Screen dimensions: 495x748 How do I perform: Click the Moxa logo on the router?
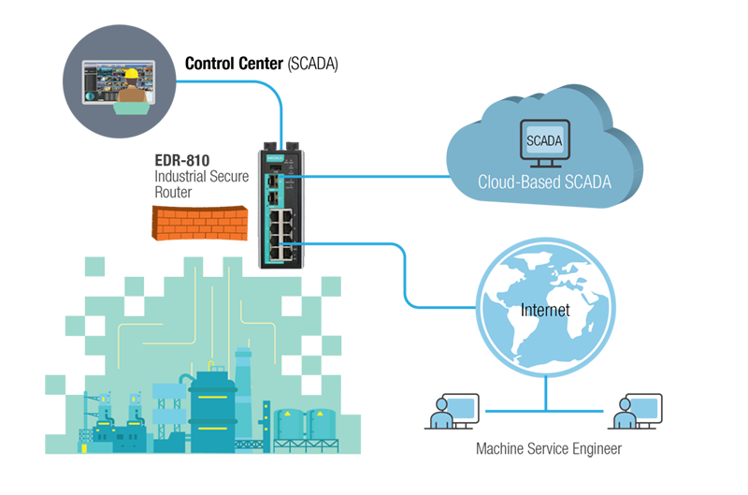[x=275, y=157]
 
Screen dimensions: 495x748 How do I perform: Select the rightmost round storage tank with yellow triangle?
[x=322, y=426]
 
